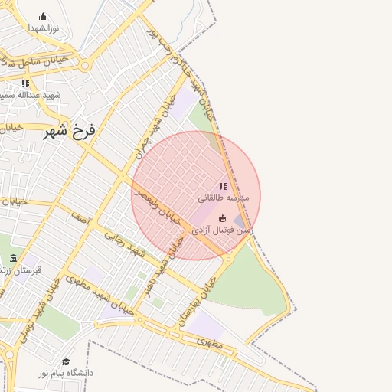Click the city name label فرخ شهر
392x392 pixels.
pyautogui.click(x=70, y=131)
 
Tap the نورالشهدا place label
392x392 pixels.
pyautogui.click(x=44, y=28)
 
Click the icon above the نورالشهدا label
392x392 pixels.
pyautogui.click(x=43, y=16)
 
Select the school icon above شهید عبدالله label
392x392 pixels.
pyautogui.click(x=25, y=83)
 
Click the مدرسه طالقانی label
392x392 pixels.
pyautogui.click(x=224, y=198)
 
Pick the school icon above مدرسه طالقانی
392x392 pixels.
pyautogui.click(x=223, y=186)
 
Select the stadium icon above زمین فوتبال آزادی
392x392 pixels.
pyautogui.click(x=223, y=218)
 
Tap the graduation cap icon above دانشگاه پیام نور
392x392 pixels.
pyautogui.click(x=66, y=361)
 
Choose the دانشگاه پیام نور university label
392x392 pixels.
pyautogui.click(x=67, y=373)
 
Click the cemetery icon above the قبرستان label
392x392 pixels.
pyautogui.click(x=13, y=259)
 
